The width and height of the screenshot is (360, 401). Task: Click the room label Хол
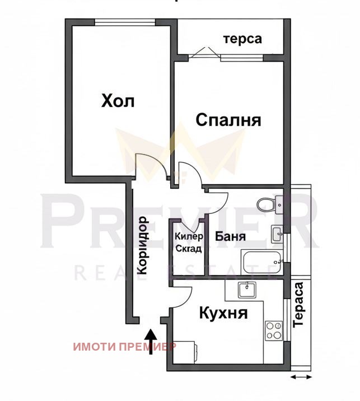point(118,101)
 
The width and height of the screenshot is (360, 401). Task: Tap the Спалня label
point(228,120)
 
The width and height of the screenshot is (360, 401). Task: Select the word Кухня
point(223,313)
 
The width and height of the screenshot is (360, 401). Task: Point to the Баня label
point(230,236)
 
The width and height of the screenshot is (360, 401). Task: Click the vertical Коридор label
point(142,245)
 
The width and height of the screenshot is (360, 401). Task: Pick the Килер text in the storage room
point(189,236)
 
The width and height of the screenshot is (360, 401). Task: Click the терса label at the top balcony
point(242,39)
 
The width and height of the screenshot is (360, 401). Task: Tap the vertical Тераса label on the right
point(298,305)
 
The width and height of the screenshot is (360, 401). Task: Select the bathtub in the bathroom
point(261,262)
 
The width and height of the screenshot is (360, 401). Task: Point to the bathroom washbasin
point(277,234)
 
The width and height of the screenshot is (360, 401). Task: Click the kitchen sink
point(247,290)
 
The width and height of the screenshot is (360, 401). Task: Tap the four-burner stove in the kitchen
point(274,330)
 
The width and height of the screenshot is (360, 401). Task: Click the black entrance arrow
point(151,342)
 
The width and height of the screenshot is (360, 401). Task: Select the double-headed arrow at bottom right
point(301,377)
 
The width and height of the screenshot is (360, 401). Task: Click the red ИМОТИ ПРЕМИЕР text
point(124,347)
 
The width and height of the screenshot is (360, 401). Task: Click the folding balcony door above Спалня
point(205,54)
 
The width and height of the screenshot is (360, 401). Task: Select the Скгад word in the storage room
point(189,249)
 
